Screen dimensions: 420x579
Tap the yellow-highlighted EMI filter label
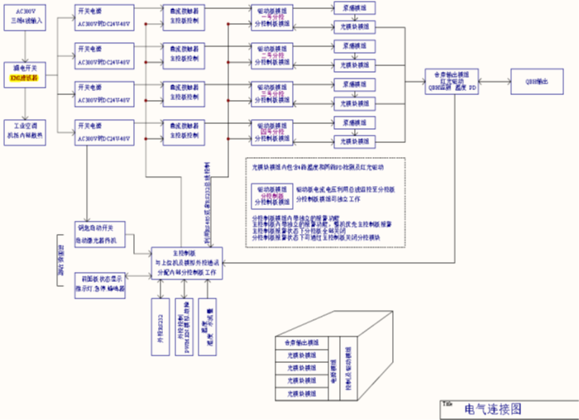coord(28,77)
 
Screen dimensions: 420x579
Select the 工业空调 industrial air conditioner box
coord(28,127)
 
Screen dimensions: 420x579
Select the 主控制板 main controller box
coord(188,262)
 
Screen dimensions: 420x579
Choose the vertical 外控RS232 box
coord(160,326)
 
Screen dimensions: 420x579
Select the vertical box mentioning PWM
coord(184,326)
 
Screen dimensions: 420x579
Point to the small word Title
coord(447,403)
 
